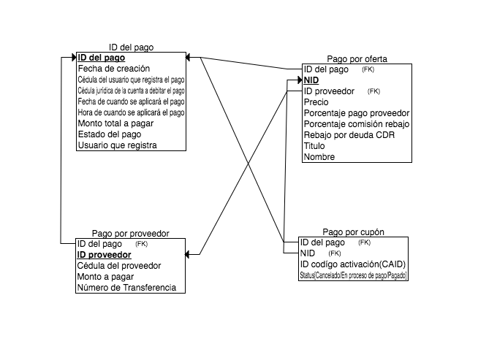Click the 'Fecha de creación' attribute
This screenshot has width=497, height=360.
click(113, 69)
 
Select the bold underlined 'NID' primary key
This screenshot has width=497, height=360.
click(311, 80)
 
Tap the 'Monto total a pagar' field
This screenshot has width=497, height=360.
click(115, 123)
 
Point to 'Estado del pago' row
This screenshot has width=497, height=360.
click(109, 134)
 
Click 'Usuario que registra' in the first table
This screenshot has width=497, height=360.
click(117, 145)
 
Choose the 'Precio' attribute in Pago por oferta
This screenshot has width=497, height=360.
click(316, 102)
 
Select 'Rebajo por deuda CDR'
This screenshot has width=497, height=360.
click(350, 135)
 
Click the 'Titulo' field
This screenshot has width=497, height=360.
click(314, 146)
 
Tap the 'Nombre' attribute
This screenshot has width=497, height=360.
click(319, 157)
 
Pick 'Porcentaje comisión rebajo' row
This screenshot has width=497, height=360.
click(357, 124)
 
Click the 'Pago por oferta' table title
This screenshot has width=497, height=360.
click(357, 59)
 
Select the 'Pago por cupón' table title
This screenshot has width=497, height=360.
click(353, 232)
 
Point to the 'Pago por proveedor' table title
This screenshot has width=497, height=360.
click(130, 234)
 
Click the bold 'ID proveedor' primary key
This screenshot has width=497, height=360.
click(104, 255)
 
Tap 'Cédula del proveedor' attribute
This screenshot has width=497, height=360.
click(118, 266)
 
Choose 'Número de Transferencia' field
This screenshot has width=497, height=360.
click(126, 288)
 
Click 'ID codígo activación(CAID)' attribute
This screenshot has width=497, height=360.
click(352, 264)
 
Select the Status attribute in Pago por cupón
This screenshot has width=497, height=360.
click(353, 275)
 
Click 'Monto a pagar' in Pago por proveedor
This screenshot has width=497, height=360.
click(106, 277)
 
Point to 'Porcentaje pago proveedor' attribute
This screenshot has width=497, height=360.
click(356, 113)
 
